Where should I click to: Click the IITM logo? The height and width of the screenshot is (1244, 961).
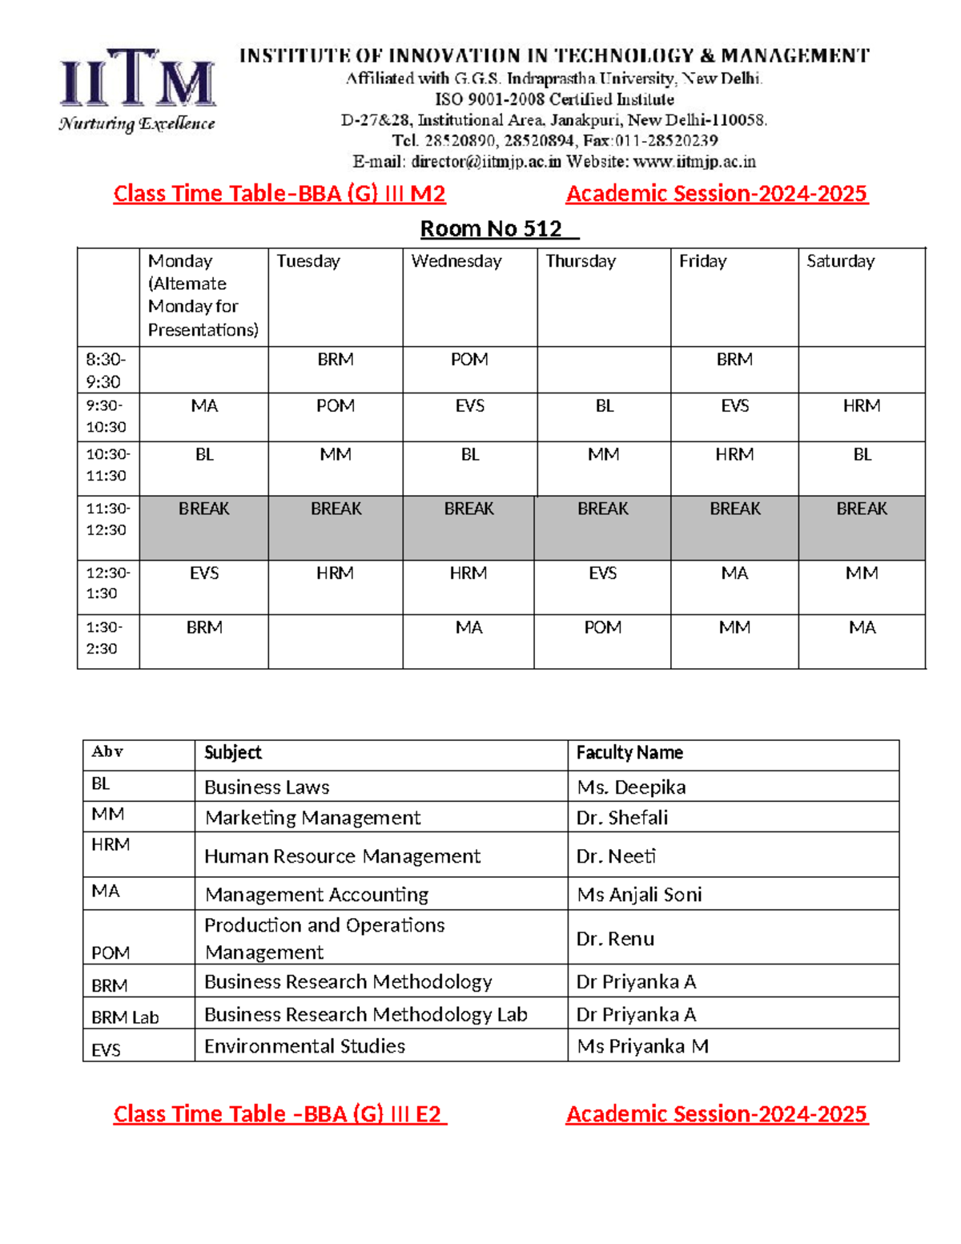coord(137,88)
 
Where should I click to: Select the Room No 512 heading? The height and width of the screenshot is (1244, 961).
coord(491,229)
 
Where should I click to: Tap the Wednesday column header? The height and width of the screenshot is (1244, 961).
coord(456,261)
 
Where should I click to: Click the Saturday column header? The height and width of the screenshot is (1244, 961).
coord(840,261)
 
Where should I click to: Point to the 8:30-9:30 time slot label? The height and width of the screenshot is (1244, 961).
coord(105,370)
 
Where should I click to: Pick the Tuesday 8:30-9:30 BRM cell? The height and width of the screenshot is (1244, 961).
coord(335,360)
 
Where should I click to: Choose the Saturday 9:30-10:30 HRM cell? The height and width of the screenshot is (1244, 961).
coord(861,406)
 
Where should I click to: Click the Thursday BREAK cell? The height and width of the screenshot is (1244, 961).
coord(602,509)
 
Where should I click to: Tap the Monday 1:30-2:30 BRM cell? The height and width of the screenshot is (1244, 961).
coord(204,628)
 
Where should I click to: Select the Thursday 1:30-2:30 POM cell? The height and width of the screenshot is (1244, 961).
coord(602,628)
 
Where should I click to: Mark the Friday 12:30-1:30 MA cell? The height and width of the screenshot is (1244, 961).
coord(734,574)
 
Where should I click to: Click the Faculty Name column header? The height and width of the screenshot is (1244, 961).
coord(629,753)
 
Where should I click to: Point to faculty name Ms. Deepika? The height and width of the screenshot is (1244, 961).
coord(631,787)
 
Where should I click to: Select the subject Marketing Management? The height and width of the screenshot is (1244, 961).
coord(312,818)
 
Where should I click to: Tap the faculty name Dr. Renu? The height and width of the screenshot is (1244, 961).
coord(615,939)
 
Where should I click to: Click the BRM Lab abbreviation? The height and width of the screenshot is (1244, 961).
coord(125,1017)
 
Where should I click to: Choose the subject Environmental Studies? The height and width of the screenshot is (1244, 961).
coord(304,1046)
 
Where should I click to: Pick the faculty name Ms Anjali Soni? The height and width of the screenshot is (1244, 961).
coord(639,895)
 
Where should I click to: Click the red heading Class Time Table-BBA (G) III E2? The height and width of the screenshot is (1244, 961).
coord(279,1114)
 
